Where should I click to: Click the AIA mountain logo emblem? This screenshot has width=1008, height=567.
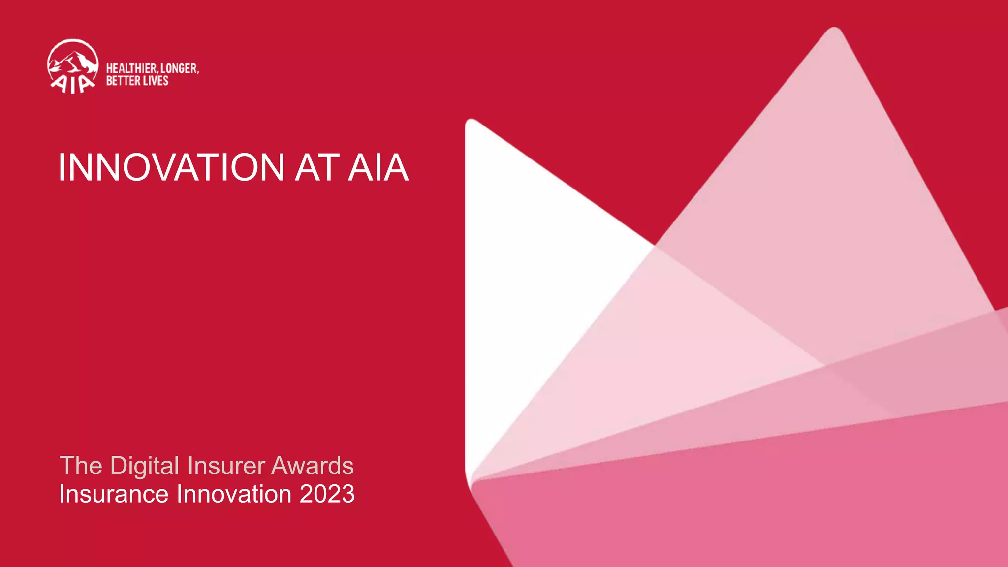73,65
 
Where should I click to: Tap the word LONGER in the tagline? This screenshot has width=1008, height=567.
180,68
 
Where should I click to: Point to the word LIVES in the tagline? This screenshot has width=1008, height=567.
156,81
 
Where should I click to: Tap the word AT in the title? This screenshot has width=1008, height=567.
317,167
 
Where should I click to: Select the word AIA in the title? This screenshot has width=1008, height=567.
378,167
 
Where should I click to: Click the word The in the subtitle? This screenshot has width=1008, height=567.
81,466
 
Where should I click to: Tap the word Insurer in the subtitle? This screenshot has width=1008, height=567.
226,466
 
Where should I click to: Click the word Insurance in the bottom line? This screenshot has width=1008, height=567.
114,494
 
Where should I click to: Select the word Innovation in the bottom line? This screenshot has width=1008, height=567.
234,494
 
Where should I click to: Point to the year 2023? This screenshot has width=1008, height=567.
327,494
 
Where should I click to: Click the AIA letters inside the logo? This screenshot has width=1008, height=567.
72,84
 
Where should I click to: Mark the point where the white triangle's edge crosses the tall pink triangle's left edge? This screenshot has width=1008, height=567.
655,245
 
